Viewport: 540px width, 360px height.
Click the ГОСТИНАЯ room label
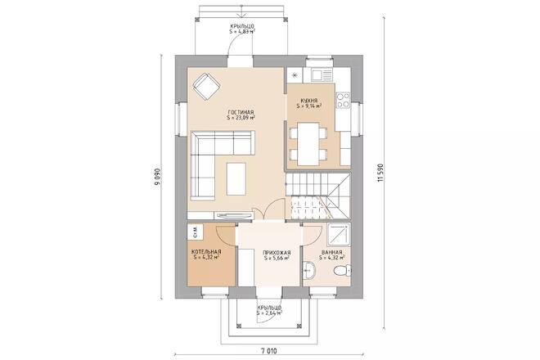[x=241, y=112]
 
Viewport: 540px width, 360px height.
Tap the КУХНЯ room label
[x=309, y=101]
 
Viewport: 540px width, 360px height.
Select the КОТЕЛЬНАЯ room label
[x=206, y=251]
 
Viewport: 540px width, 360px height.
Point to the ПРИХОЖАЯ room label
[x=277, y=252]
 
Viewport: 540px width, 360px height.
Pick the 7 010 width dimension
[x=269, y=351]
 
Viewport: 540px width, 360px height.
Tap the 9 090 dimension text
[x=157, y=177]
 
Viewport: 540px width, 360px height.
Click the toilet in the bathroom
[x=343, y=271]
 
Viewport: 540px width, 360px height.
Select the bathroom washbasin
[x=309, y=270]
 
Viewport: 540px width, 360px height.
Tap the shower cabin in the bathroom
[x=339, y=235]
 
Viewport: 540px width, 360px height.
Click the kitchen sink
[x=322, y=74]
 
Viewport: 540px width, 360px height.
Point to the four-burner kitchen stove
[x=343, y=101]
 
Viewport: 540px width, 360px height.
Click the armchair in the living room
[x=206, y=86]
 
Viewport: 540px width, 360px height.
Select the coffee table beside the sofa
[x=236, y=179]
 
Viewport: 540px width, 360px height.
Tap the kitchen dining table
[x=308, y=144]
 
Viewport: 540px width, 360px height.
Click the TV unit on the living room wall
[x=233, y=216]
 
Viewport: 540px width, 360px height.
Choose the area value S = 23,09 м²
[x=241, y=118]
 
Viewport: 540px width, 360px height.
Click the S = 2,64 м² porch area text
[x=269, y=313]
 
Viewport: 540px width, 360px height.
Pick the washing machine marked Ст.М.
[x=196, y=232]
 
